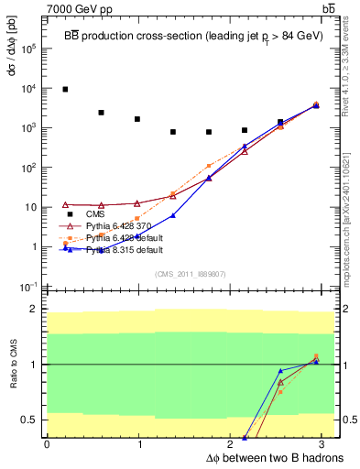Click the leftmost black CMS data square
coord(65,89)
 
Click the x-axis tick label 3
coord(327,443)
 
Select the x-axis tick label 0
coord(47,443)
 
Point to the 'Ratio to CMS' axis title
coord(12,367)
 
